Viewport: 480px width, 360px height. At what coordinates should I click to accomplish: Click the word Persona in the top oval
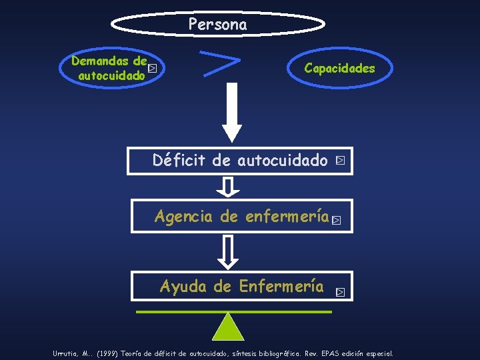tap(217, 25)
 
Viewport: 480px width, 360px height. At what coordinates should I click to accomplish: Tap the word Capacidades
tap(339, 68)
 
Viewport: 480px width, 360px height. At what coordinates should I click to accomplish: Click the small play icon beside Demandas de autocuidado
tap(153, 68)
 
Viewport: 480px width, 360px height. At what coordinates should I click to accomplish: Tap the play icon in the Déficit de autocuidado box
tap(341, 161)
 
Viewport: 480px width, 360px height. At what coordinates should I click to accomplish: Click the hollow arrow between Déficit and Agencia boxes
tap(229, 186)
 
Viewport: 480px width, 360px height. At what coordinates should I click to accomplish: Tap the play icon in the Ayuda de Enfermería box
tap(341, 291)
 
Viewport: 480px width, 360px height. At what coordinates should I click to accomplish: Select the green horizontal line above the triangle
tap(233, 311)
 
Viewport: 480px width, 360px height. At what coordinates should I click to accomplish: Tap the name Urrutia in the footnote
tap(67, 353)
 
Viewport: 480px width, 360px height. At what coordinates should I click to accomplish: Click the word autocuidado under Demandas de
tap(111, 76)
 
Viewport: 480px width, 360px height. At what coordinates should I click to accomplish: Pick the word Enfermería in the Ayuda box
tap(281, 287)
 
